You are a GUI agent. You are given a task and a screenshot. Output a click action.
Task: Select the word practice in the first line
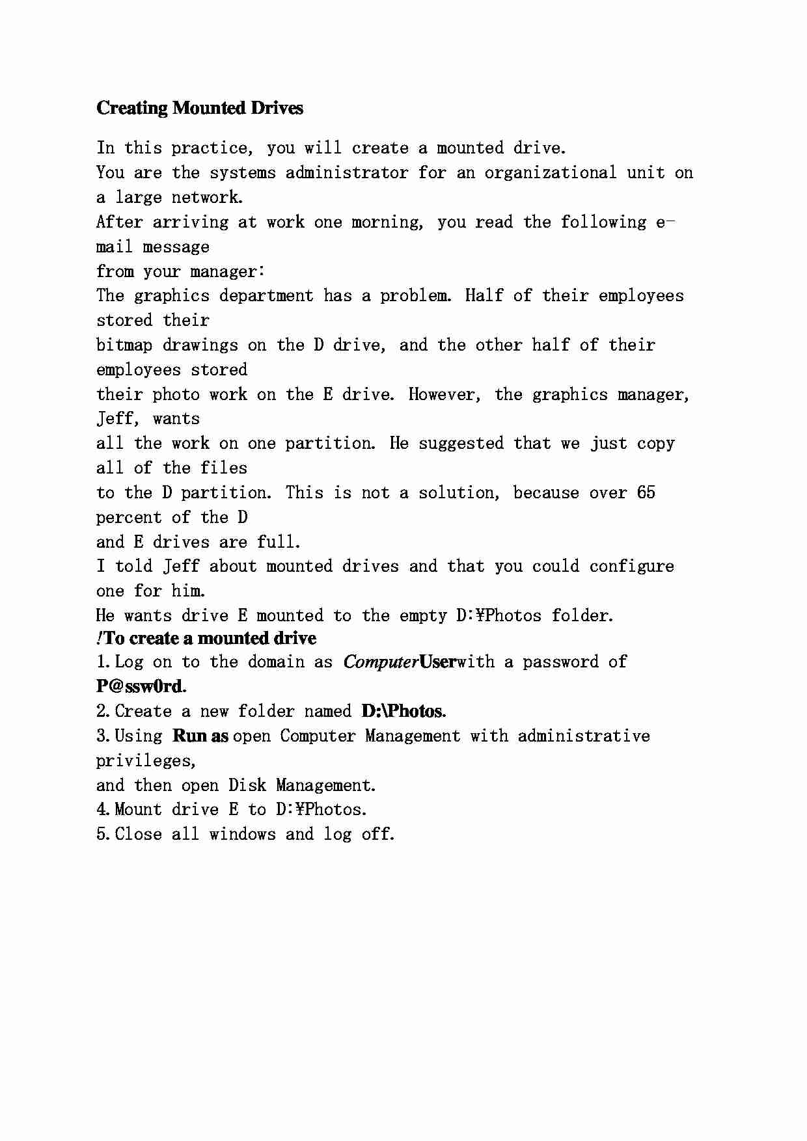click(x=211, y=148)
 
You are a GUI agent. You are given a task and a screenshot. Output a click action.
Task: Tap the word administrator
click(x=347, y=173)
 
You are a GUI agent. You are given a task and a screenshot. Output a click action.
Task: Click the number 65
click(x=646, y=493)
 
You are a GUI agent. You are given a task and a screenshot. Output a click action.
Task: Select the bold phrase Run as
click(x=200, y=736)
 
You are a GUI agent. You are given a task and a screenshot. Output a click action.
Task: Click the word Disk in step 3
click(x=247, y=786)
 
